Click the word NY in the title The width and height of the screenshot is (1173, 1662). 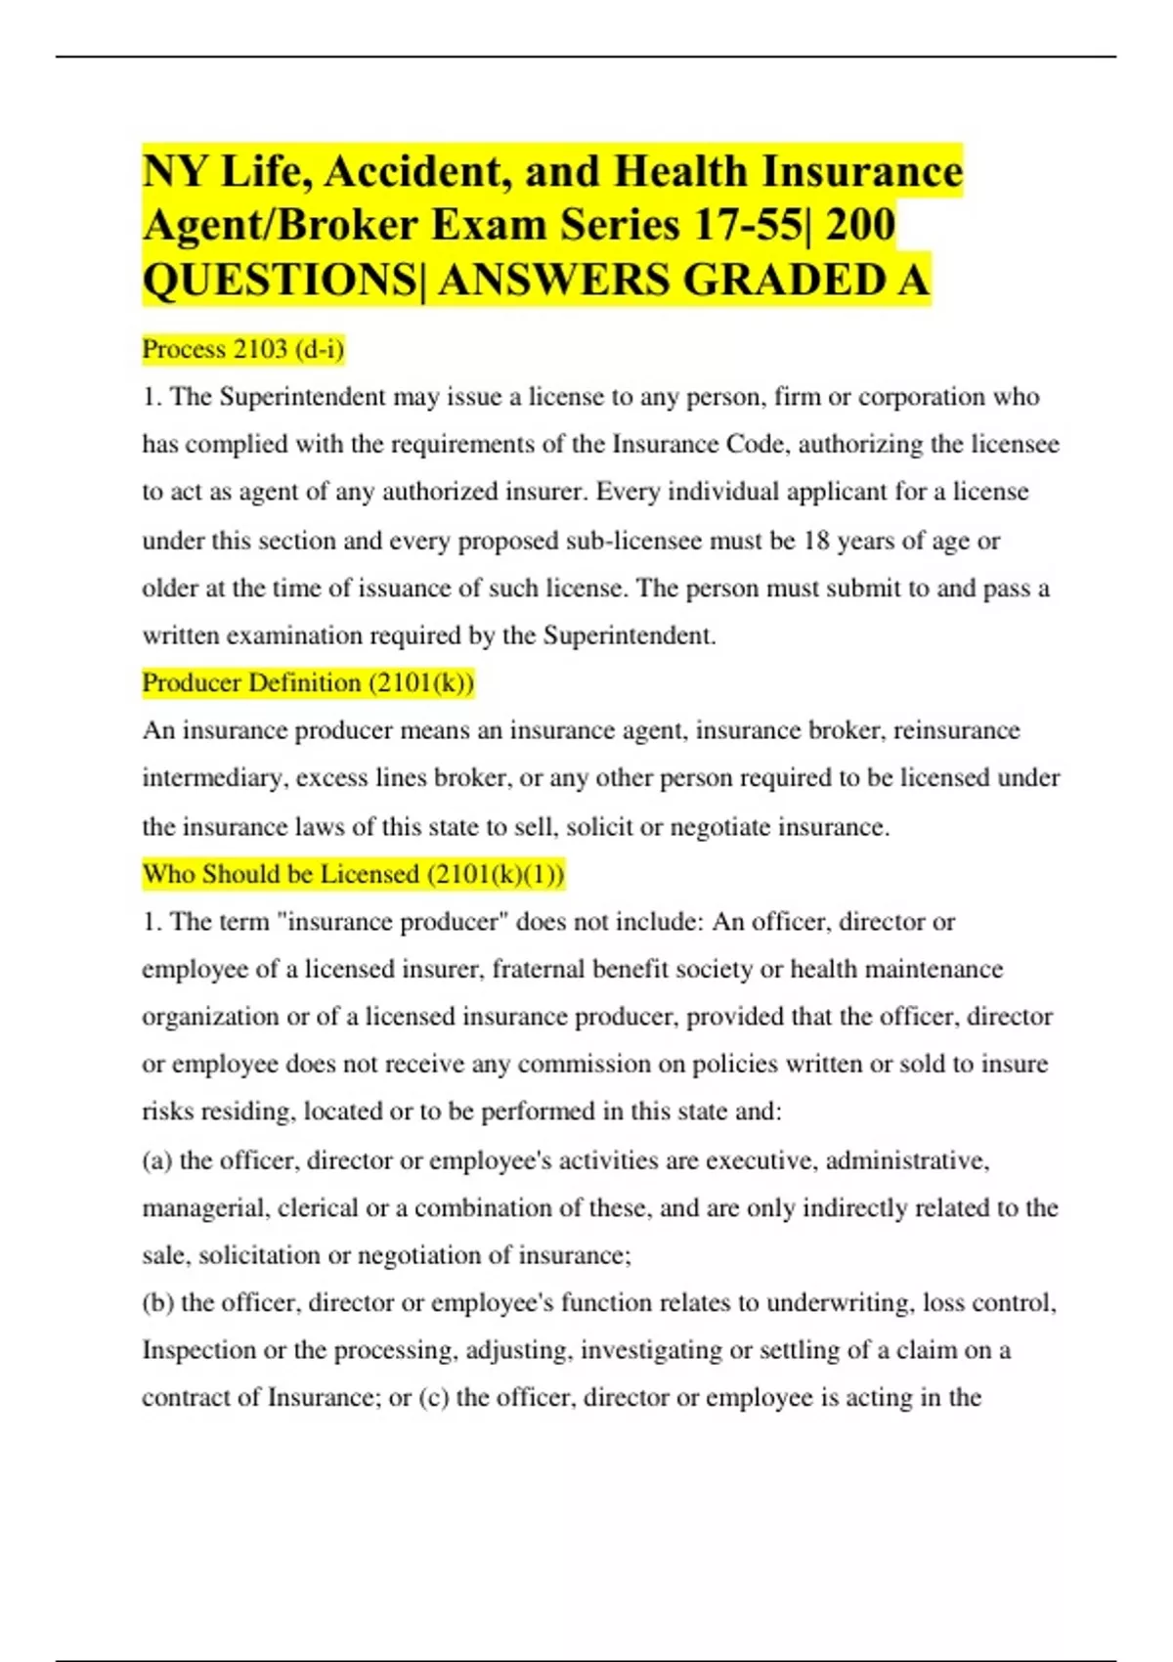175,172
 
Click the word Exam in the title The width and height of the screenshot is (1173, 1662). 492,226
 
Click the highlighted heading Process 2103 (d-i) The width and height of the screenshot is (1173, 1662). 243,349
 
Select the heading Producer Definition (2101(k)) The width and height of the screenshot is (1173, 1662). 308,682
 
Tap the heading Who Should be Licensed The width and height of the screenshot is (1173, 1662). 353,873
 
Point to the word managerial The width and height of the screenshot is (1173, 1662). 203,1207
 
